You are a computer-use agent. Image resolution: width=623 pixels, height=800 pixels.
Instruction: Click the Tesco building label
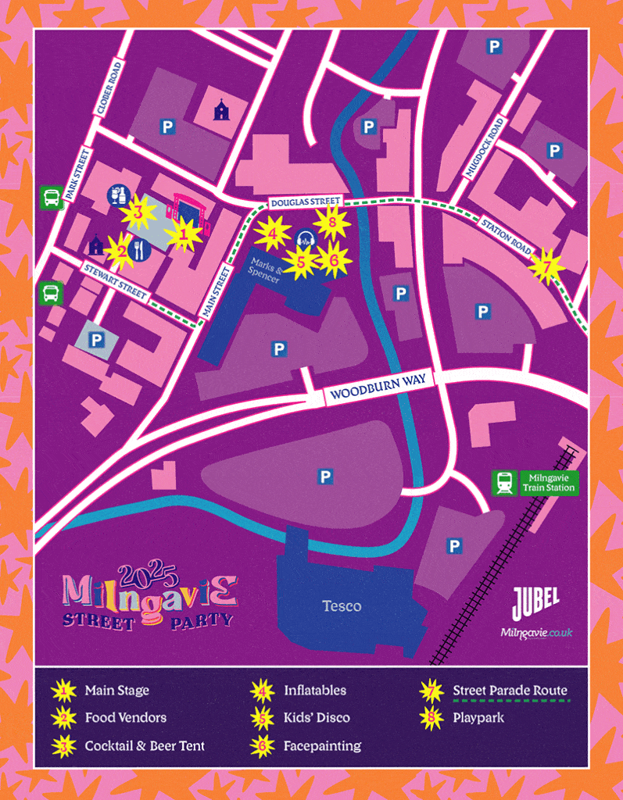point(342,606)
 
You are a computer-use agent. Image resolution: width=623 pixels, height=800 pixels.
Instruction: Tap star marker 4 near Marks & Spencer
point(272,233)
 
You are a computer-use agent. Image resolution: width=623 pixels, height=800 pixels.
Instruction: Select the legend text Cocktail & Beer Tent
point(145,745)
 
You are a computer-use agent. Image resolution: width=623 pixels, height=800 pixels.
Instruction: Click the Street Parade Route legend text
point(510,691)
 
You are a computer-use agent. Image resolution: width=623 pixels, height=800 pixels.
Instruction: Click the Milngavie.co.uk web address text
point(536,632)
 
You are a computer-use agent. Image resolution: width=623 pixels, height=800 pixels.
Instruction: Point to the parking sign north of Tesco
point(325,476)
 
